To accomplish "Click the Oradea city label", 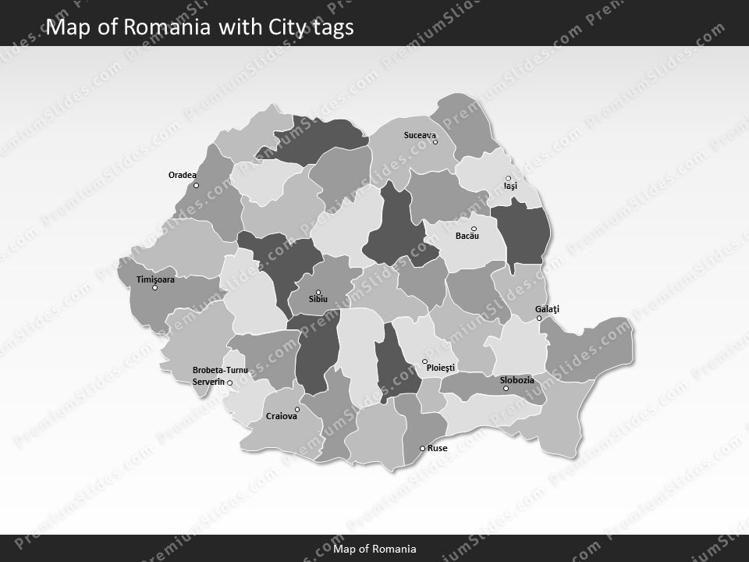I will coord(183,175).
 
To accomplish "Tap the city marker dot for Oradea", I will coord(196,185).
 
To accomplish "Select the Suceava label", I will coord(420,135).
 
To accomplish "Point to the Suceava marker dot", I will coord(435,142).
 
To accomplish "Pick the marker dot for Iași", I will coord(508,179).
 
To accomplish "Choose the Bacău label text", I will coord(467,236).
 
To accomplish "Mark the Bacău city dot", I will coord(474,229).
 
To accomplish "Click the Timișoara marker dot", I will coord(154,288).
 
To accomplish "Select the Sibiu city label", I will coord(318,299).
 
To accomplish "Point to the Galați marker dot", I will coord(539,318).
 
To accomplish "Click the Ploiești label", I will coord(441,367).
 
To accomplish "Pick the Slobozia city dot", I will coord(506,389).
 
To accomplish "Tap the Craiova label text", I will coord(282,416).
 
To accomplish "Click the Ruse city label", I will coord(438,448).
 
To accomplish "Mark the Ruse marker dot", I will coord(422,448).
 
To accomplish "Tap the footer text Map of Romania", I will coord(374,549).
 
